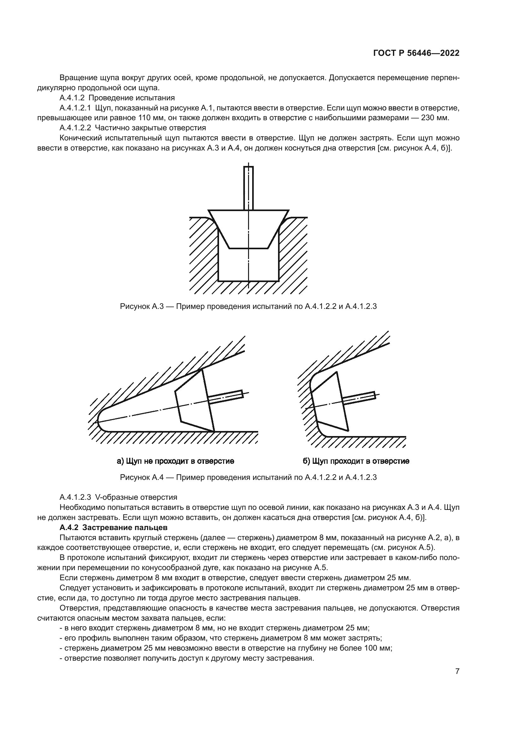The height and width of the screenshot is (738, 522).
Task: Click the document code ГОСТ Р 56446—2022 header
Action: [416, 53]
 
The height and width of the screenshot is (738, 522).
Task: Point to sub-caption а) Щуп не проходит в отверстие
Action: [175, 461]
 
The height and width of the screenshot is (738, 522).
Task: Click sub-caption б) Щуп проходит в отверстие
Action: [356, 461]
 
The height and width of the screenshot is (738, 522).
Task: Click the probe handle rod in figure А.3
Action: [248, 188]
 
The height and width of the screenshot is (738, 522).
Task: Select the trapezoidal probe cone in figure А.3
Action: [248, 228]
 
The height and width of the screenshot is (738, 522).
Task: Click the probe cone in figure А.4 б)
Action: [329, 402]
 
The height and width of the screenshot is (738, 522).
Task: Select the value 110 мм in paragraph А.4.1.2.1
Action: [151, 118]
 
